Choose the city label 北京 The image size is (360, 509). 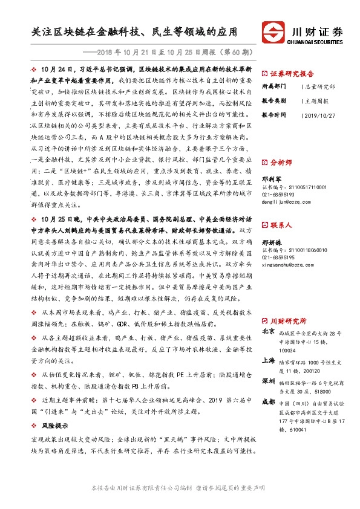point(269,332)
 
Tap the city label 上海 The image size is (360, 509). point(269,360)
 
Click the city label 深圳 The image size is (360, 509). point(269,383)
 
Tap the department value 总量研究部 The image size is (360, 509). point(319,86)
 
